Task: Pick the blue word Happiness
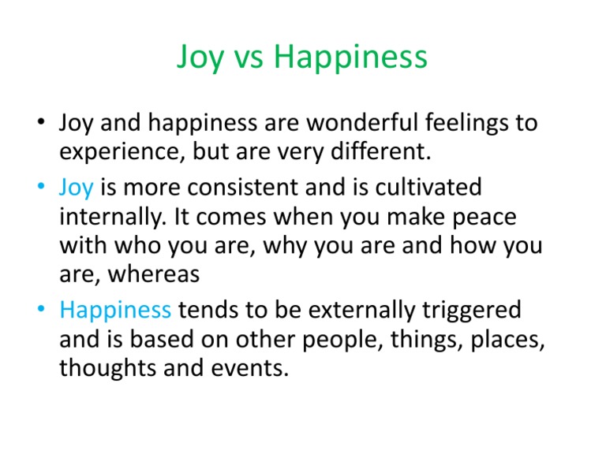(115, 310)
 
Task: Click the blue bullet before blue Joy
(39, 188)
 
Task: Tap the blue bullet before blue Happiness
(39, 310)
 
